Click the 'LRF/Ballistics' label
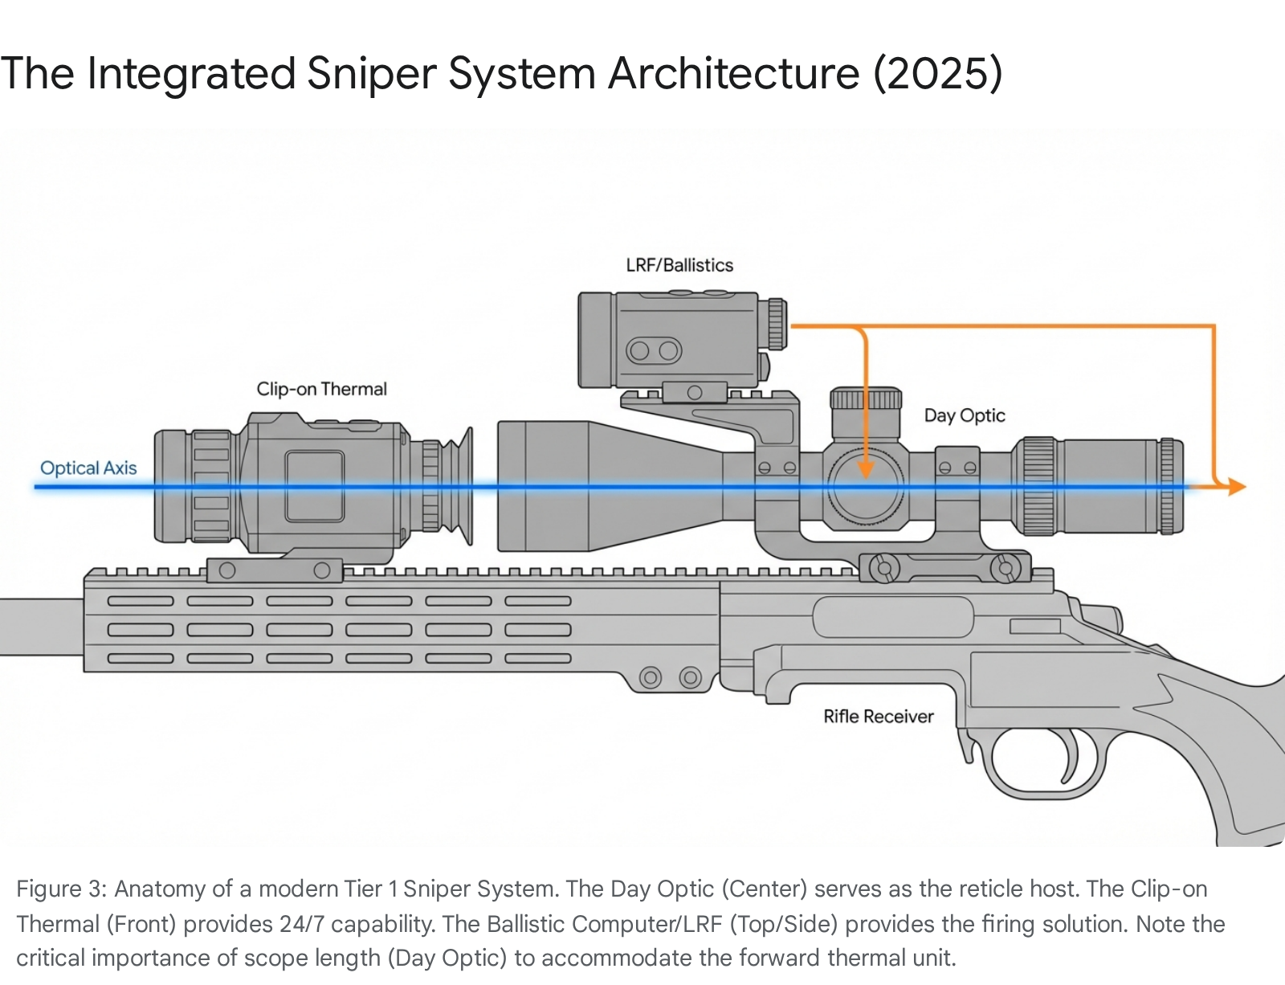[679, 265]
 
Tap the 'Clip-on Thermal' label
[321, 389]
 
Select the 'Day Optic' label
[964, 415]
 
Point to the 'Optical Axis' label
[88, 468]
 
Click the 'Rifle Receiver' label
[879, 716]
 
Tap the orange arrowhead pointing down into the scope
[866, 468]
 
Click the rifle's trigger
[1069, 755]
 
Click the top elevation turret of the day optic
[865, 399]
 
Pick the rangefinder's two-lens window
[654, 350]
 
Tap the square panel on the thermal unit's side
[314, 486]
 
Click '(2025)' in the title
[938, 74]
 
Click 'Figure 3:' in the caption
[61, 889]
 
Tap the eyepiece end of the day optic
[1124, 486]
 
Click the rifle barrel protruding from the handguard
[40, 626]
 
